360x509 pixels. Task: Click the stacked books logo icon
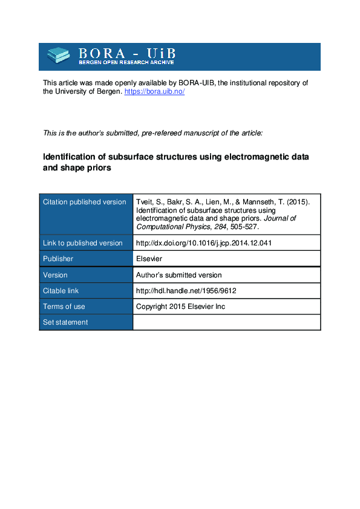coord(59,56)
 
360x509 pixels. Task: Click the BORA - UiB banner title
coord(126,52)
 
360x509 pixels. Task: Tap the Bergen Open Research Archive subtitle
coord(126,62)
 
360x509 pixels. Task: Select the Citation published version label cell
coord(84,202)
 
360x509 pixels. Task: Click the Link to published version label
coord(82,243)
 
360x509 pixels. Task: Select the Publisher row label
coord(58,259)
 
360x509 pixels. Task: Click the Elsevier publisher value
coord(149,259)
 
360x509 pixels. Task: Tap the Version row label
coord(55,274)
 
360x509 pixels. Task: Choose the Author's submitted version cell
coord(179,274)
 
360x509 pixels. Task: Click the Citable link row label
coord(61,291)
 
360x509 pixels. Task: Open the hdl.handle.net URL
coord(186,291)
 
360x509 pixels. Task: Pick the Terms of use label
coord(64,306)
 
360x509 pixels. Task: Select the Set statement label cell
coord(65,322)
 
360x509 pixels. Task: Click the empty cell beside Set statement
coord(226,322)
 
